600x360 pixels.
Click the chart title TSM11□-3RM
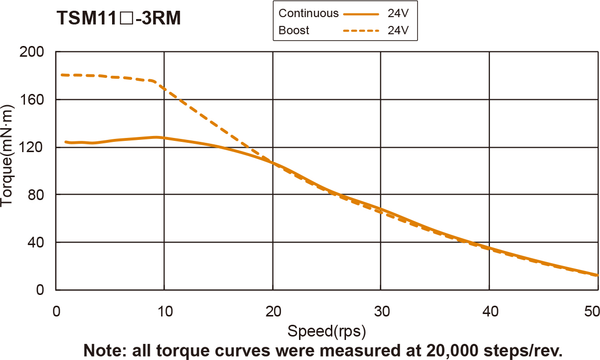pyautogui.click(x=119, y=19)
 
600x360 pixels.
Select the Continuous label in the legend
pyautogui.click(x=308, y=13)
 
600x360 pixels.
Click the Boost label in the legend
pyautogui.click(x=294, y=30)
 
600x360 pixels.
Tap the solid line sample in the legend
pyautogui.click(x=361, y=14)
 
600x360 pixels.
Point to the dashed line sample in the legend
pyautogui.click(x=361, y=31)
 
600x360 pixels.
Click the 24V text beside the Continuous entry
pyautogui.click(x=398, y=13)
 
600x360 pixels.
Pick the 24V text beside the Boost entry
pyautogui.click(x=398, y=30)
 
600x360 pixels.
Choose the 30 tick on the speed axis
pyautogui.click(x=381, y=311)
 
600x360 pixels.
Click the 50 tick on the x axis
pyautogui.click(x=590, y=311)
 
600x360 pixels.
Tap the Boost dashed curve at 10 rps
pyautogui.click(x=164, y=84)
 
